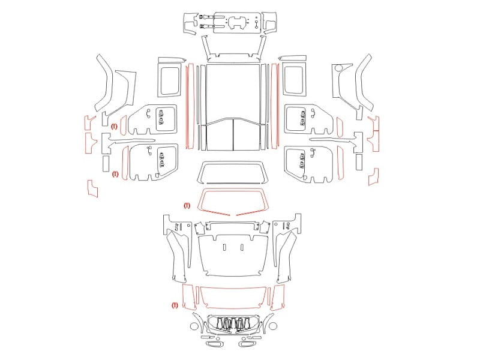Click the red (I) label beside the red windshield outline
point(187,206)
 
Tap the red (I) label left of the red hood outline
point(175,305)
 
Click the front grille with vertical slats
point(233,325)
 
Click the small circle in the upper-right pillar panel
point(338,68)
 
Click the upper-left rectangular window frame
point(159,80)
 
